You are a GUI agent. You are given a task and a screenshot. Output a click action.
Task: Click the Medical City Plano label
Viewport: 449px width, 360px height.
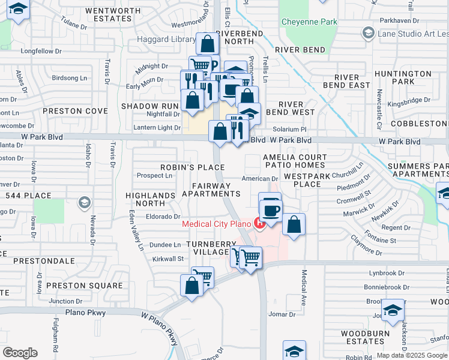point(216,224)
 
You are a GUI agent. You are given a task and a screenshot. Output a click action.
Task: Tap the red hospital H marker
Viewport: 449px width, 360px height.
point(260,224)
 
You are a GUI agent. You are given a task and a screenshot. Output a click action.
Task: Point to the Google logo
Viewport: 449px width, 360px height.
point(20,352)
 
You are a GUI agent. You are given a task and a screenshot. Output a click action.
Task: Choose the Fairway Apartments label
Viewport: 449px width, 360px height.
point(211,190)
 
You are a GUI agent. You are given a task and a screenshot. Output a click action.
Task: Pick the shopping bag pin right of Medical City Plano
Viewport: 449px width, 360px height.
point(294,225)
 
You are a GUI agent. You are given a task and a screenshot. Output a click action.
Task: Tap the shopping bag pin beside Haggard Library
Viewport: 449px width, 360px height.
point(207,44)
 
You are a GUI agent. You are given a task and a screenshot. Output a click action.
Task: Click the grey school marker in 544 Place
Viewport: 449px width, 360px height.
point(85,202)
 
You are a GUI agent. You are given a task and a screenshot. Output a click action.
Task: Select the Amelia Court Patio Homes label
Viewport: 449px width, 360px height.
point(295,161)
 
